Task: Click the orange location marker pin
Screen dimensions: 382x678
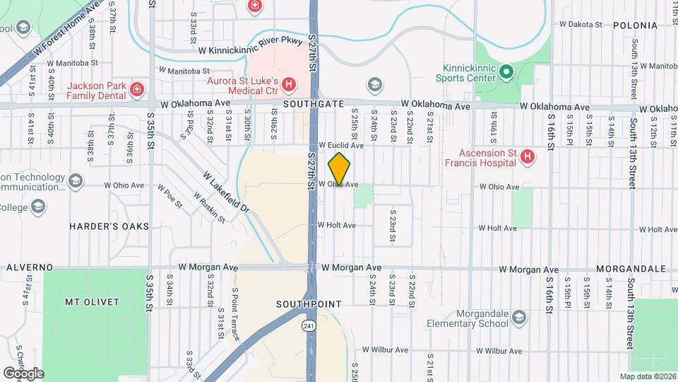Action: pyautogui.click(x=340, y=169)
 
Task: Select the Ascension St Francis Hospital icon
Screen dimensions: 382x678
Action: pyautogui.click(x=526, y=156)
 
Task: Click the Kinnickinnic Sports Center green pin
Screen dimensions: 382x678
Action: pyautogui.click(x=506, y=71)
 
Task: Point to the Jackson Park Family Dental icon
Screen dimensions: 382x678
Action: pyautogui.click(x=136, y=90)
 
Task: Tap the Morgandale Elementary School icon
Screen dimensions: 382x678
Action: pyautogui.click(x=520, y=316)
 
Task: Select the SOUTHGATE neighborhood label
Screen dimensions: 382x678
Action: pyautogui.click(x=303, y=103)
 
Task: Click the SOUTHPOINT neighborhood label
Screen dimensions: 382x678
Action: pyautogui.click(x=309, y=304)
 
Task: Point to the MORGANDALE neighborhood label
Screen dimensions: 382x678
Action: pyautogui.click(x=631, y=270)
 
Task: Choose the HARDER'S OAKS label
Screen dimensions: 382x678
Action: pyautogui.click(x=109, y=226)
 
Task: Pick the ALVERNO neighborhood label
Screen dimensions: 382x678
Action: pyautogui.click(x=30, y=268)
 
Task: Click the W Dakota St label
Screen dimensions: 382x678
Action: pyautogui.click(x=578, y=24)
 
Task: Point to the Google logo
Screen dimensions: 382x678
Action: pyautogui.click(x=23, y=373)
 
